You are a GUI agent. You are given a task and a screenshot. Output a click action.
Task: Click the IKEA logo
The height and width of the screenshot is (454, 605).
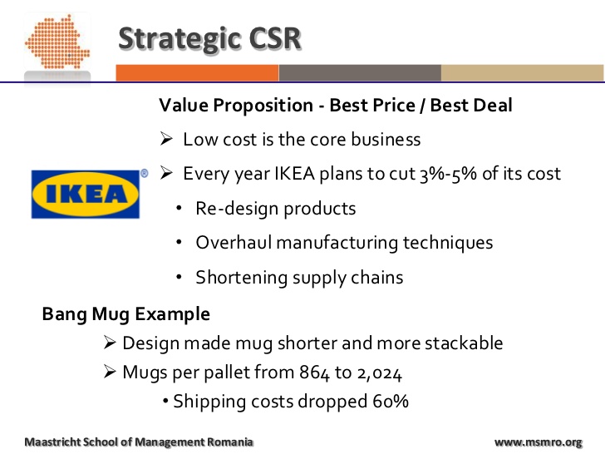click(86, 195)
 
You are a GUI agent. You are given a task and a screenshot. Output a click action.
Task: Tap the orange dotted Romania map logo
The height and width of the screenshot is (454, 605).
click(57, 42)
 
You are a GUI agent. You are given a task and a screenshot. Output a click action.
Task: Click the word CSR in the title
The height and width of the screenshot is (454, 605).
click(275, 38)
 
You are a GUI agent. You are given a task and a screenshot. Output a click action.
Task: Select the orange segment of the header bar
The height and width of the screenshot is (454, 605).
click(197, 73)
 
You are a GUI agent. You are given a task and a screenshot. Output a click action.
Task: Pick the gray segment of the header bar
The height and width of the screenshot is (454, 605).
click(360, 73)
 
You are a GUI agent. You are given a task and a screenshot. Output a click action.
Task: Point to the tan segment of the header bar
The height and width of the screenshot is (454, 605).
click(523, 73)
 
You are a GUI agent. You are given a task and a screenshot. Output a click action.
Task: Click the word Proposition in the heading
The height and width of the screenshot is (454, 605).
click(263, 106)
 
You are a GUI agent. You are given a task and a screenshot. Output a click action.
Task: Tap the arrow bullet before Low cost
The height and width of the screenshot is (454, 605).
click(166, 139)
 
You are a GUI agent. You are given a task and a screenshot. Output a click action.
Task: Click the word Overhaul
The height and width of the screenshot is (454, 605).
click(234, 243)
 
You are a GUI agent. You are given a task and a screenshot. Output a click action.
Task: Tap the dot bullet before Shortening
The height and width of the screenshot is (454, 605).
click(179, 277)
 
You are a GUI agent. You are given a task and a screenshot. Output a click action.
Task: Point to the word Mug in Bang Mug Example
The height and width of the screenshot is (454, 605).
click(111, 314)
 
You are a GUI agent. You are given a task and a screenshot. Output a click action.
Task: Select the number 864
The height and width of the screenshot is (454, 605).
click(314, 373)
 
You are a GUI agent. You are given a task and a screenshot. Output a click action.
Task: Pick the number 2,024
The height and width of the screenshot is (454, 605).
click(380, 373)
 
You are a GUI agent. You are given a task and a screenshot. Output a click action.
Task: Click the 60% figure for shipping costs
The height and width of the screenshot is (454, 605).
click(391, 402)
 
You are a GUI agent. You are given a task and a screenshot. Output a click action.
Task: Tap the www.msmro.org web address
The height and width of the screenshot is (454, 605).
click(539, 442)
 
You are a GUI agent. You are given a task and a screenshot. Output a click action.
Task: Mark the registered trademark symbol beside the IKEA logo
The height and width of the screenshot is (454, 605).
click(145, 173)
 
